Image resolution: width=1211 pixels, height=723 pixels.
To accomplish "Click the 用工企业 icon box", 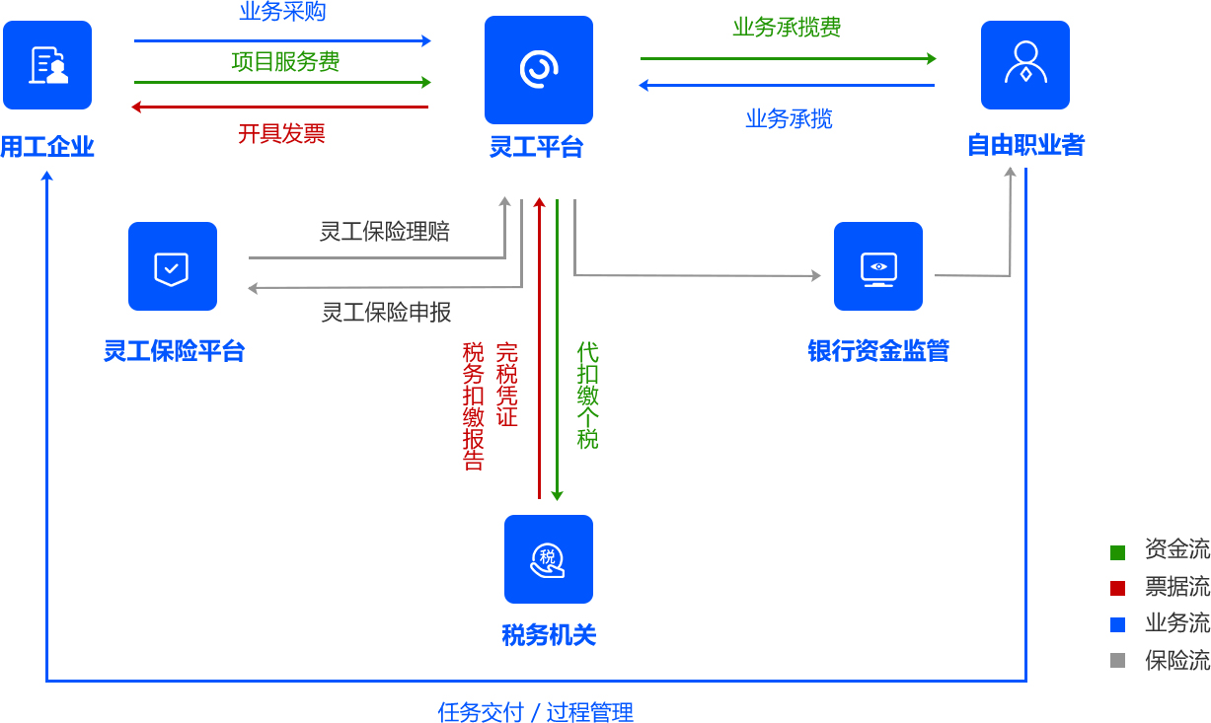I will pos(47,65).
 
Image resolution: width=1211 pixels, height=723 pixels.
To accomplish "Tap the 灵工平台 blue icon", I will pos(538,70).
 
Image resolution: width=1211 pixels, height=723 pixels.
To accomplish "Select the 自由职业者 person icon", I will pos(1024,65).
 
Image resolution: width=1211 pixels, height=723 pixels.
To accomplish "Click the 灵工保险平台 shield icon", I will pos(173,266).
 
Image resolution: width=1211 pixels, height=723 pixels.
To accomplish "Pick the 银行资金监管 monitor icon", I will pos(877,266).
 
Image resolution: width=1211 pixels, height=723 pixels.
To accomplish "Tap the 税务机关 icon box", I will pos(548,559).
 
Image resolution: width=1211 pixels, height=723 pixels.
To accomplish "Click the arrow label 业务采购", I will pos(282,13).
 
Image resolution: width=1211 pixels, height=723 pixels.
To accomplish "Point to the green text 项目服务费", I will pos(285,62).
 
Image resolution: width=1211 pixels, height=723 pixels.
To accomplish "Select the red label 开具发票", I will pos(281,133).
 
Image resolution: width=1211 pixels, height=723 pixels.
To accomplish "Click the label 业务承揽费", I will pos(787,28).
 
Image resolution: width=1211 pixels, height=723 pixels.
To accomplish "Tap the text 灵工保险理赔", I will pos(385,232).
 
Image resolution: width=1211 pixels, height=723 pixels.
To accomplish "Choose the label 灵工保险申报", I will pos(386,313).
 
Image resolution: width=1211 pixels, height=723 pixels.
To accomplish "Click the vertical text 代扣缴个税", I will pos(588,396).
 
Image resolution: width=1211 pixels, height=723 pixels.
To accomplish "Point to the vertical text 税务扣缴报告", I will pos(474,406).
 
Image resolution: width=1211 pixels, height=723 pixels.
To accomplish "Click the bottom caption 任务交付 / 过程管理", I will pos(535,712).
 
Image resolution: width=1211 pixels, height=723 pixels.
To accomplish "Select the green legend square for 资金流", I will pos(1117,552).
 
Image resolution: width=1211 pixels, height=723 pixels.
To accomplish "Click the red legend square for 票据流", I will pos(1117,589).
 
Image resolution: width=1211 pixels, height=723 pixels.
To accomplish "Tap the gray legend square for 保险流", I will pos(1117,661).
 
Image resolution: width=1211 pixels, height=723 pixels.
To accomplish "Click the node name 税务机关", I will pos(549,635).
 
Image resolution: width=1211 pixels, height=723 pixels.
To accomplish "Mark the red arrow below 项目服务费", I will pos(280,107).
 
